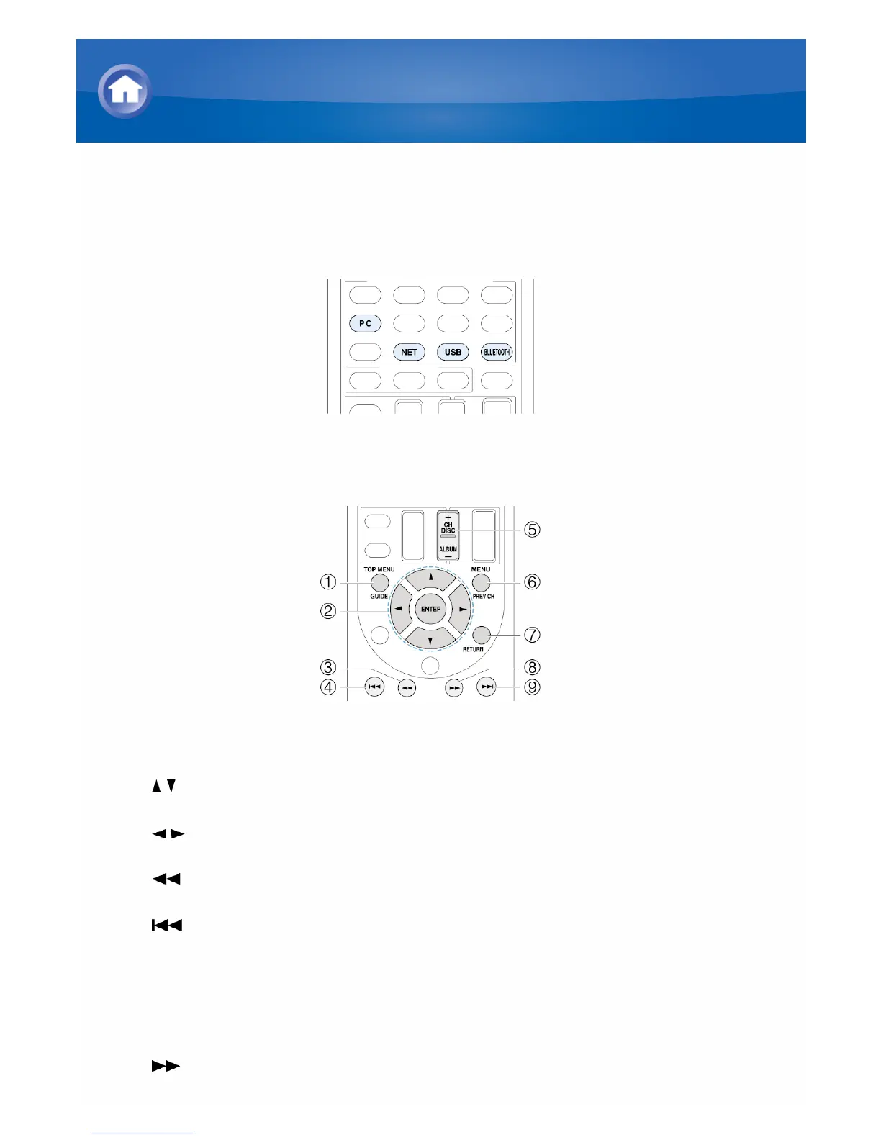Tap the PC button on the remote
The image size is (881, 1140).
(366, 323)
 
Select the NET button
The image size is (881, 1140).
(409, 352)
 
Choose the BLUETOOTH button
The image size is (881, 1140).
(496, 352)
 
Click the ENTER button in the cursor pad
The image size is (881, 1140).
(430, 609)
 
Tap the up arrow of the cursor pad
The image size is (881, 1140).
(430, 578)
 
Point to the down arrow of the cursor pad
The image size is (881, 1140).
(430, 640)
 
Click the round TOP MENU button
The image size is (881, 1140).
(380, 582)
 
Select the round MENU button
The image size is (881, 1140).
(481, 582)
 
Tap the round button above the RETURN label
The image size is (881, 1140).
(481, 635)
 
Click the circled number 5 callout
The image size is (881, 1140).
(532, 530)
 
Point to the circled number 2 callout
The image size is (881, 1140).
(328, 611)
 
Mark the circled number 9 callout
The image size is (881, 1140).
(532, 687)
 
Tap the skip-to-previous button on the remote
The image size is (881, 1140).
(374, 687)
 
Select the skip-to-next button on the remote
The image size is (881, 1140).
(487, 687)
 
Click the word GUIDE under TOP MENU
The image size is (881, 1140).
(379, 596)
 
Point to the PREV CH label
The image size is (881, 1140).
(484, 596)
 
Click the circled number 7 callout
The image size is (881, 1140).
(532, 635)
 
